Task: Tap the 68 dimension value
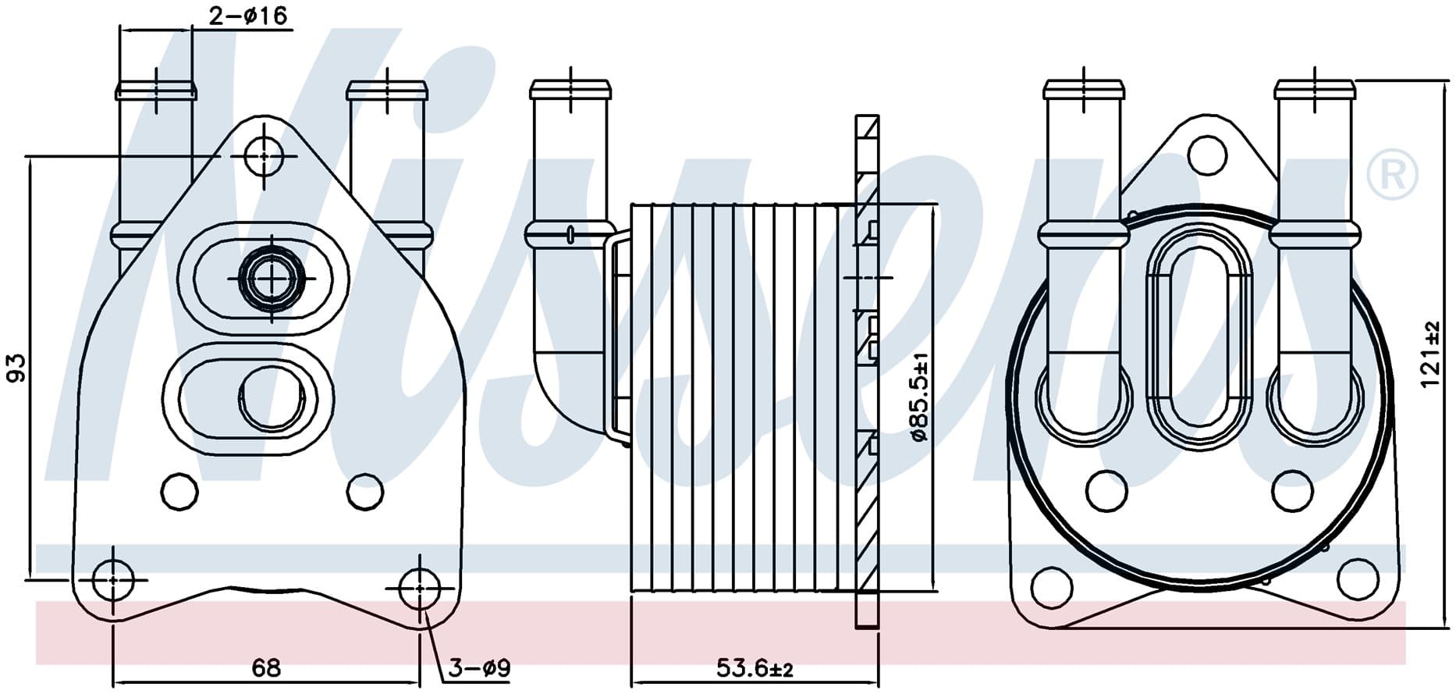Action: pos(266,668)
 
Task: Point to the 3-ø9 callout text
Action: pos(479,669)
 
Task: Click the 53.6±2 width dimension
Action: pos(755,669)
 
